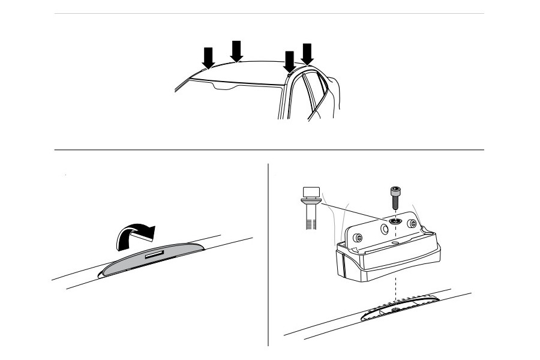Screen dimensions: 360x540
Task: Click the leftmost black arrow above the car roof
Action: [x=208, y=58]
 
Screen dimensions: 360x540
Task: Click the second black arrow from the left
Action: [x=236, y=51]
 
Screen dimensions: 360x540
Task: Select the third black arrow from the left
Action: [x=290, y=61]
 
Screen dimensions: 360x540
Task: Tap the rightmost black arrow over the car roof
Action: [x=307, y=54]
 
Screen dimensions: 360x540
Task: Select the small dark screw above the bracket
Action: [x=395, y=197]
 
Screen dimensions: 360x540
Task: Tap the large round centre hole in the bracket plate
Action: [x=383, y=230]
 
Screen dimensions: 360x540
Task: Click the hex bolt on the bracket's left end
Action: [x=358, y=238]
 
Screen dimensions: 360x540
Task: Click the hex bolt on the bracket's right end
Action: [x=411, y=224]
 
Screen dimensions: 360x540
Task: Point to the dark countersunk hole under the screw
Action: [x=395, y=221]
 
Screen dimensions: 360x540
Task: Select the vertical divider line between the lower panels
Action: [x=268, y=252]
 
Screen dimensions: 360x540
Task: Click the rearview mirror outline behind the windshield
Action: [x=225, y=88]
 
